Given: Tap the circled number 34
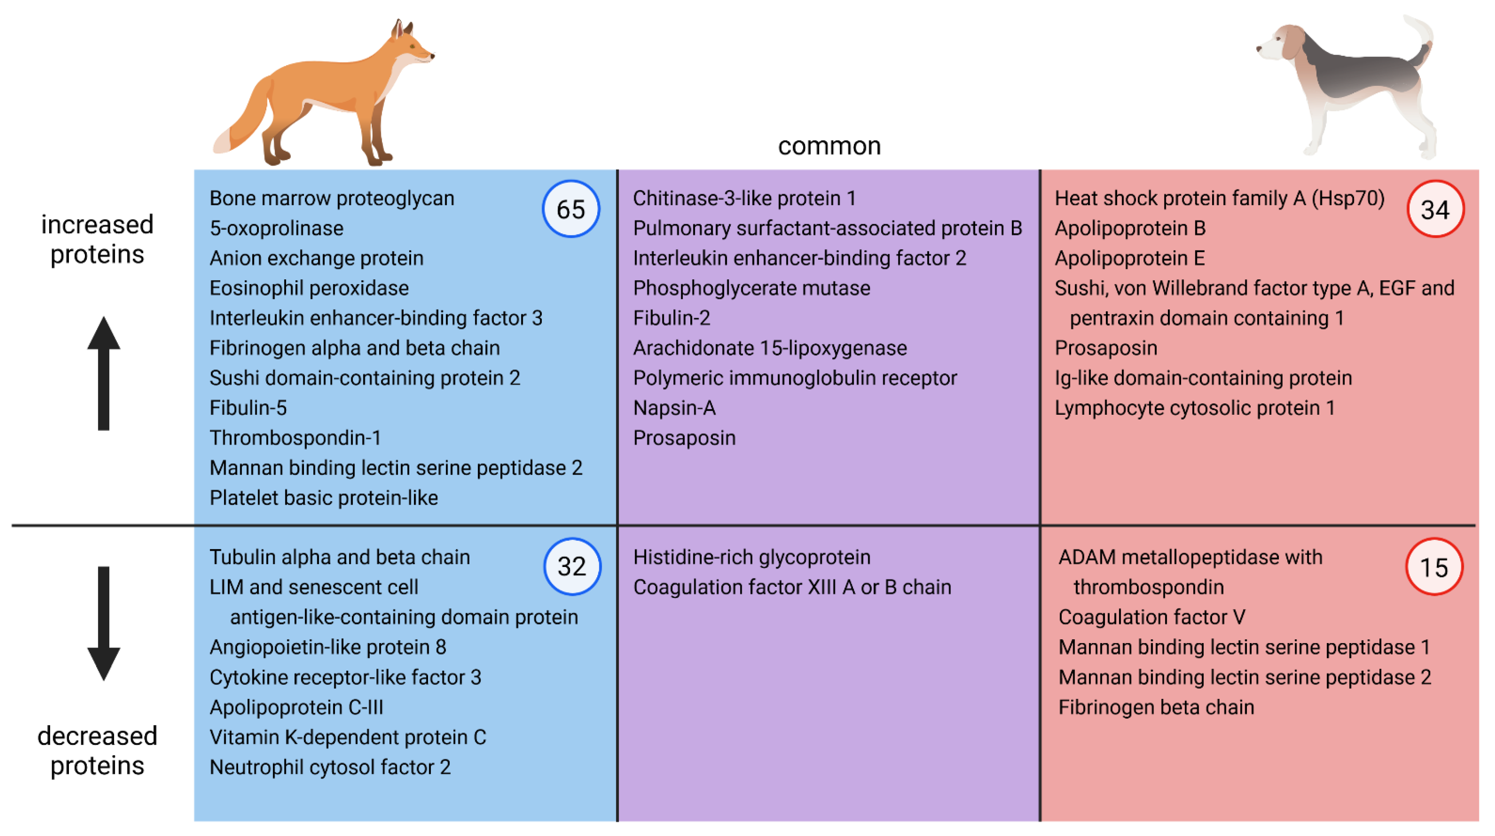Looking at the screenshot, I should point(1435,209).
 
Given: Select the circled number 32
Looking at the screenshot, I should point(572,566).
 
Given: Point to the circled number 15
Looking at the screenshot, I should point(1434,567).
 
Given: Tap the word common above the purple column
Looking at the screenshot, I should point(829,146).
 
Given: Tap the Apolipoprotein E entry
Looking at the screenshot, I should point(1129,258).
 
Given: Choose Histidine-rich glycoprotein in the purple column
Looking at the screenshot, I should point(752,557).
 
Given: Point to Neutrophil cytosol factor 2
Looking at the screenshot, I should point(330,767).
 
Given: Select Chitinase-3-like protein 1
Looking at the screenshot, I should point(744,198).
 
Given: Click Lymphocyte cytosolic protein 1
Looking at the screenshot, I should point(1194,408).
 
